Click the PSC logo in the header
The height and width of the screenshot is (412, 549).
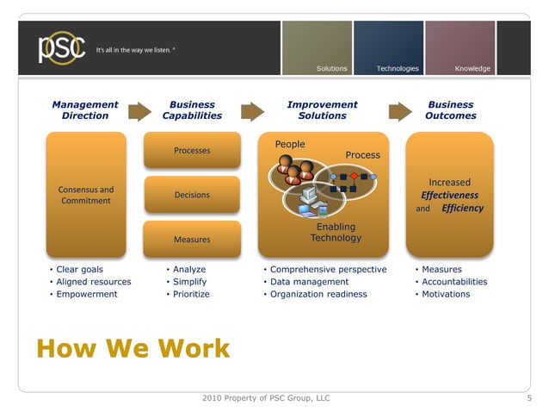[60, 47]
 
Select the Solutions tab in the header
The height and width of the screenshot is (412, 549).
[331, 68]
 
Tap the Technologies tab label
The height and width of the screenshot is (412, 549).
[398, 68]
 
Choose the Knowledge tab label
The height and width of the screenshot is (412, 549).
[472, 68]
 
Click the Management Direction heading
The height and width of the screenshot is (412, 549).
[85, 110]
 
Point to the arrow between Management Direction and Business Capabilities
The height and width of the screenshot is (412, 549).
[139, 110]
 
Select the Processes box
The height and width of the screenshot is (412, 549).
[192, 151]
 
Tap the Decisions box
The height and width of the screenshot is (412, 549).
[192, 195]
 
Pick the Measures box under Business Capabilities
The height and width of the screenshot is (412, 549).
[192, 239]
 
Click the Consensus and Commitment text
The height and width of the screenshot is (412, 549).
[85, 195]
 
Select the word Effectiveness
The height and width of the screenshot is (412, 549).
[449, 195]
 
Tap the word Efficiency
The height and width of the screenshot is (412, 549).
[462, 209]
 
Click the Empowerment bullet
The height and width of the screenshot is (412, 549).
[86, 294]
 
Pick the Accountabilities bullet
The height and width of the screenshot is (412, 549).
[454, 282]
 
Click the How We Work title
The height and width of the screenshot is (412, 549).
[133, 348]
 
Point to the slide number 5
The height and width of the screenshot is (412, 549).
[529, 398]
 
